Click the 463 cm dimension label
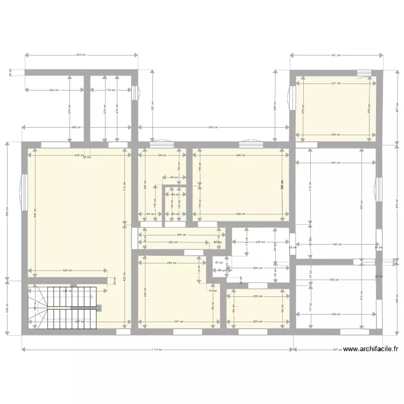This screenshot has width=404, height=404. point(81,55)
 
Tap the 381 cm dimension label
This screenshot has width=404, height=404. point(337,55)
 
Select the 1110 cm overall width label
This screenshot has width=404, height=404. point(157,350)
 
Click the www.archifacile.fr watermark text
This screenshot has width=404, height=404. point(371,349)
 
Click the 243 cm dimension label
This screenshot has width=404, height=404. point(53,90)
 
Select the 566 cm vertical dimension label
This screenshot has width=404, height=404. point(7,211)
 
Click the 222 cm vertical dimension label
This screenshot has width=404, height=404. point(7,307)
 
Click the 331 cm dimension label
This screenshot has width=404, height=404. point(336,83)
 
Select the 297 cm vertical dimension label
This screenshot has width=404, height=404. point(153,106)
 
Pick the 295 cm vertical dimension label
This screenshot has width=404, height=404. point(275,106)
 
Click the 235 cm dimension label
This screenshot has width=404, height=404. point(259,242)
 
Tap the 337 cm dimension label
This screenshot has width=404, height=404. point(178,322)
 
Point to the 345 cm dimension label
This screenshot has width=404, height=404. point(337,245)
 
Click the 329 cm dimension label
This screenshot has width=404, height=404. point(337,314)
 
